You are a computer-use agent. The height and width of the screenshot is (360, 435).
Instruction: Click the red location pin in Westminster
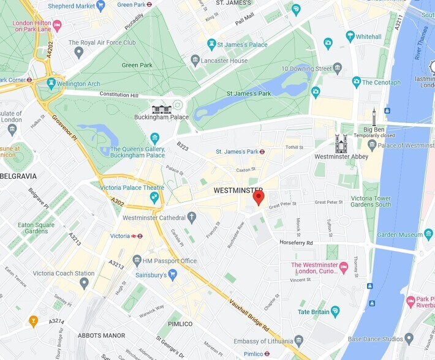259,197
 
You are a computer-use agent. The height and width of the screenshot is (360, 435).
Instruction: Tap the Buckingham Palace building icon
162,108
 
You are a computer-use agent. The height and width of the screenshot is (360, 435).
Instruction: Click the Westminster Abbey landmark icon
341,144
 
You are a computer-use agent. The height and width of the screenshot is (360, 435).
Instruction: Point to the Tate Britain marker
335,311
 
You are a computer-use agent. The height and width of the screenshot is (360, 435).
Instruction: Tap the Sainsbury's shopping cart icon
172,275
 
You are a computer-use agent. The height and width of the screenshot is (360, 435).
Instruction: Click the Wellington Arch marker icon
51,83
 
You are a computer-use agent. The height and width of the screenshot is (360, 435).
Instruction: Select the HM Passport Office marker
137,261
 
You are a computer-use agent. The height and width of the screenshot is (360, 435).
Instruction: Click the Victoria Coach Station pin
84,283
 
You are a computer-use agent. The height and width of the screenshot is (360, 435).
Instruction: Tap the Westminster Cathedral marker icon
192,217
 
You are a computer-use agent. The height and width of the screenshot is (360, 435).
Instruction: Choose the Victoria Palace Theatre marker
154,197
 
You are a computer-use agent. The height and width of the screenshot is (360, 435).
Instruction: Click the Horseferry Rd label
296,243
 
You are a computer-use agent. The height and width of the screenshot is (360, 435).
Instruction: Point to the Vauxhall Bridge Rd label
249,315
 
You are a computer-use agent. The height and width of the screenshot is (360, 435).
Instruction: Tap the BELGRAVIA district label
18,176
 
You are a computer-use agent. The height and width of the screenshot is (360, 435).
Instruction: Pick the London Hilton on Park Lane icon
57,25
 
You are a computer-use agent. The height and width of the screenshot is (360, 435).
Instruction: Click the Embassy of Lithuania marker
298,340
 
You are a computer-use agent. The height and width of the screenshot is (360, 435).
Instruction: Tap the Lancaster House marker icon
195,60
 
